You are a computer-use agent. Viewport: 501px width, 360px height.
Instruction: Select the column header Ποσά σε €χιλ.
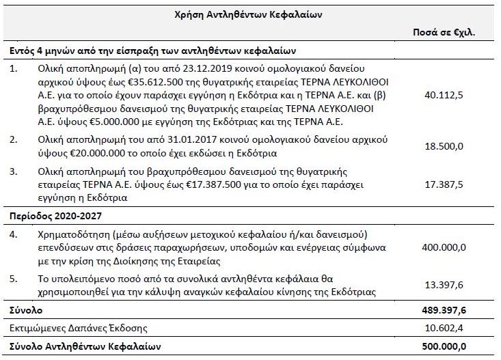click(444, 32)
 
